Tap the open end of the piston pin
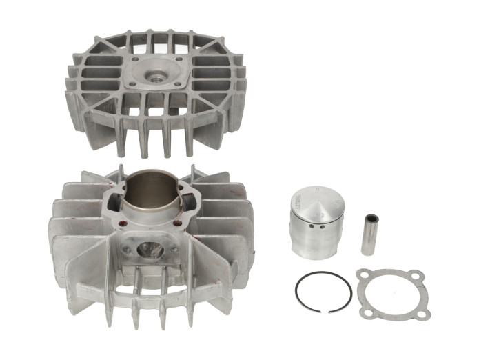373,219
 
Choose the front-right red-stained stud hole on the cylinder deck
178,223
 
